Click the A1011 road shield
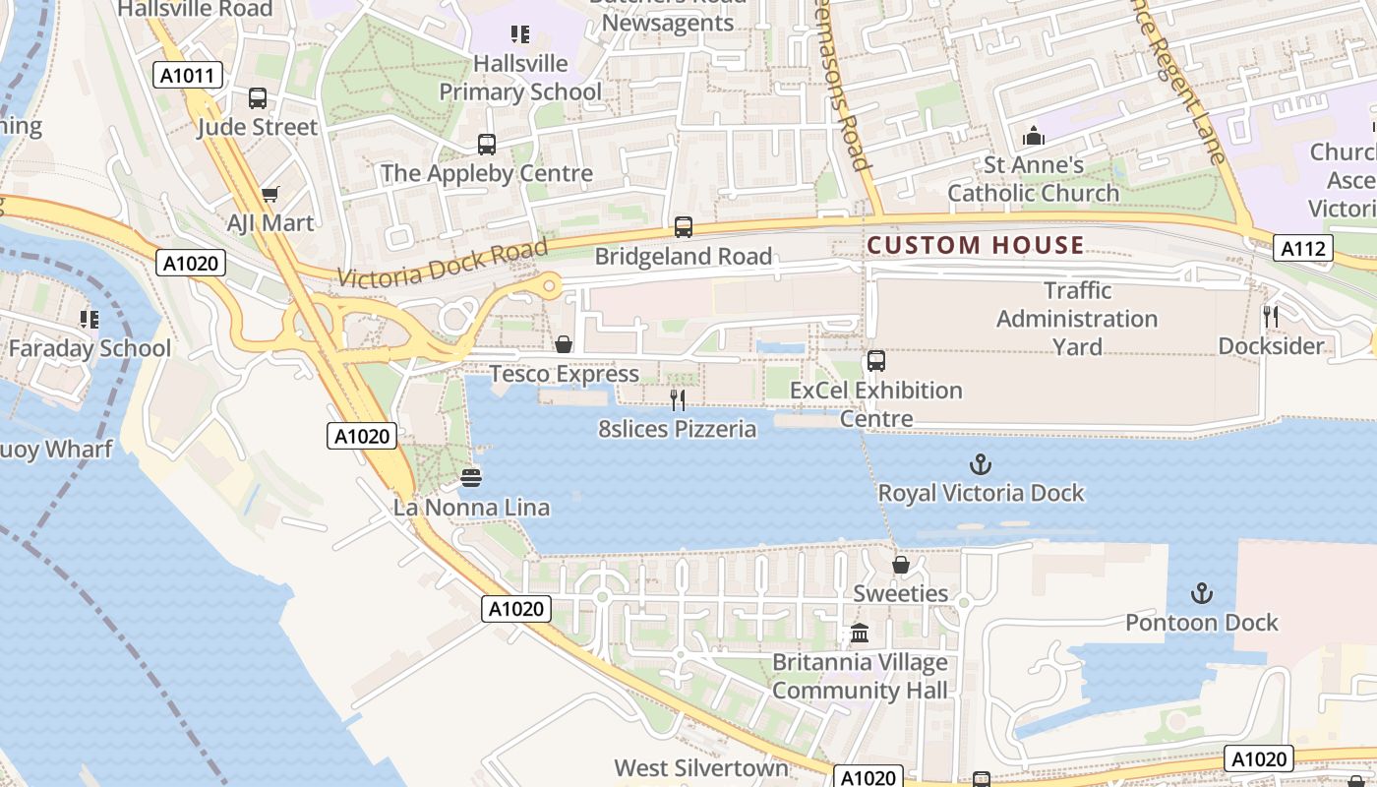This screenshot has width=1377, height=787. click(188, 75)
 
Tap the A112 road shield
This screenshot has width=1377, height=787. click(1303, 249)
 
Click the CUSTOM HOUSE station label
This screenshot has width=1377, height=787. click(976, 245)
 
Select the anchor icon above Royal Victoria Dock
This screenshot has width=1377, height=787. click(980, 464)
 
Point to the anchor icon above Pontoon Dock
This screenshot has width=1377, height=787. click(1201, 593)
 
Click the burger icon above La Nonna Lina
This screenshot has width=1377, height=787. click(471, 479)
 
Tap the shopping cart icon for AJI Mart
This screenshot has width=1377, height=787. click(269, 195)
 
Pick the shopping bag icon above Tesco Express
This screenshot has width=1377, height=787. click(564, 344)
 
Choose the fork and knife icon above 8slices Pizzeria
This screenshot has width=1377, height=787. click(678, 399)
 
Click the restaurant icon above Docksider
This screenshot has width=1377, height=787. click(1271, 317)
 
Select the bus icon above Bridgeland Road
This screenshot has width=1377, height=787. click(684, 227)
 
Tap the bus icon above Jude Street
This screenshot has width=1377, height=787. click(258, 98)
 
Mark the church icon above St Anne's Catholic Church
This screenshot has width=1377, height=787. click(1033, 135)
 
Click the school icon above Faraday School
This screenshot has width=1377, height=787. click(90, 319)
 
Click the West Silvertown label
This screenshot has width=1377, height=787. click(701, 767)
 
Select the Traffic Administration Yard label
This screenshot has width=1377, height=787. click(1077, 319)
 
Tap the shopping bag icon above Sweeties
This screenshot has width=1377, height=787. click(900, 565)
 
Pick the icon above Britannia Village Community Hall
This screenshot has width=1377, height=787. click(860, 633)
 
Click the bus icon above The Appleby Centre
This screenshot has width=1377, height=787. click(487, 145)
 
